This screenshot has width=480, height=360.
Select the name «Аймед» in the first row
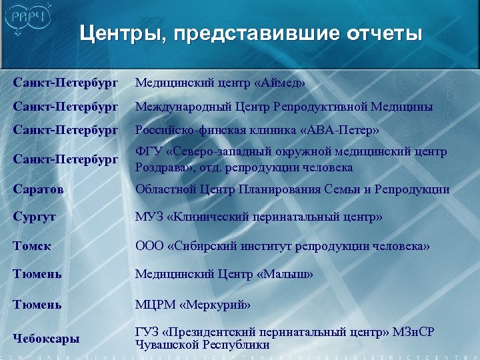[280, 83]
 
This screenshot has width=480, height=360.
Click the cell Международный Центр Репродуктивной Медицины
[284, 107]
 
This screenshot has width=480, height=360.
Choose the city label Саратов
[39, 189]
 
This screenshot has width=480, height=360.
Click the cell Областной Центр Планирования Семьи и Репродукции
[292, 189]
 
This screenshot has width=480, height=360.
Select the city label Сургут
[35, 217]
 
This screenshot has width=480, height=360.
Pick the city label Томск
[33, 246]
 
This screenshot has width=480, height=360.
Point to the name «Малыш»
[285, 274]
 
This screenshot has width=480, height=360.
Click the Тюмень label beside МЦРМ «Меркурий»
[37, 305]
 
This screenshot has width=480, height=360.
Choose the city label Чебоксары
[46, 338]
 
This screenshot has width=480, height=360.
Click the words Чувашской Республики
[202, 345]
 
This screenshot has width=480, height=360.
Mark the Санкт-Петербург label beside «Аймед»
[65, 83]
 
